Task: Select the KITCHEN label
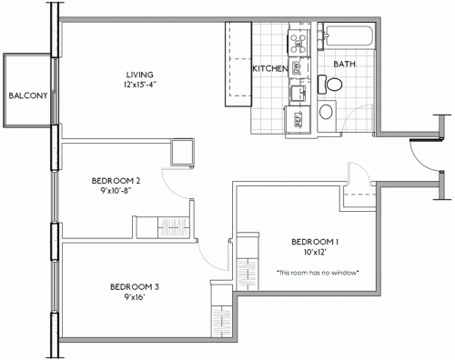tap(269, 69)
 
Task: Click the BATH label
tap(344, 65)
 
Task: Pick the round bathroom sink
tap(326, 112)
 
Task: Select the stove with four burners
tap(297, 40)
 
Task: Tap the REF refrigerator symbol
tap(297, 116)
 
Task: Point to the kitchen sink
tap(297, 92)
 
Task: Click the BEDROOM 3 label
tap(134, 287)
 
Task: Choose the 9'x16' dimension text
tap(134, 299)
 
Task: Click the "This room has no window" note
tap(318, 272)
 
